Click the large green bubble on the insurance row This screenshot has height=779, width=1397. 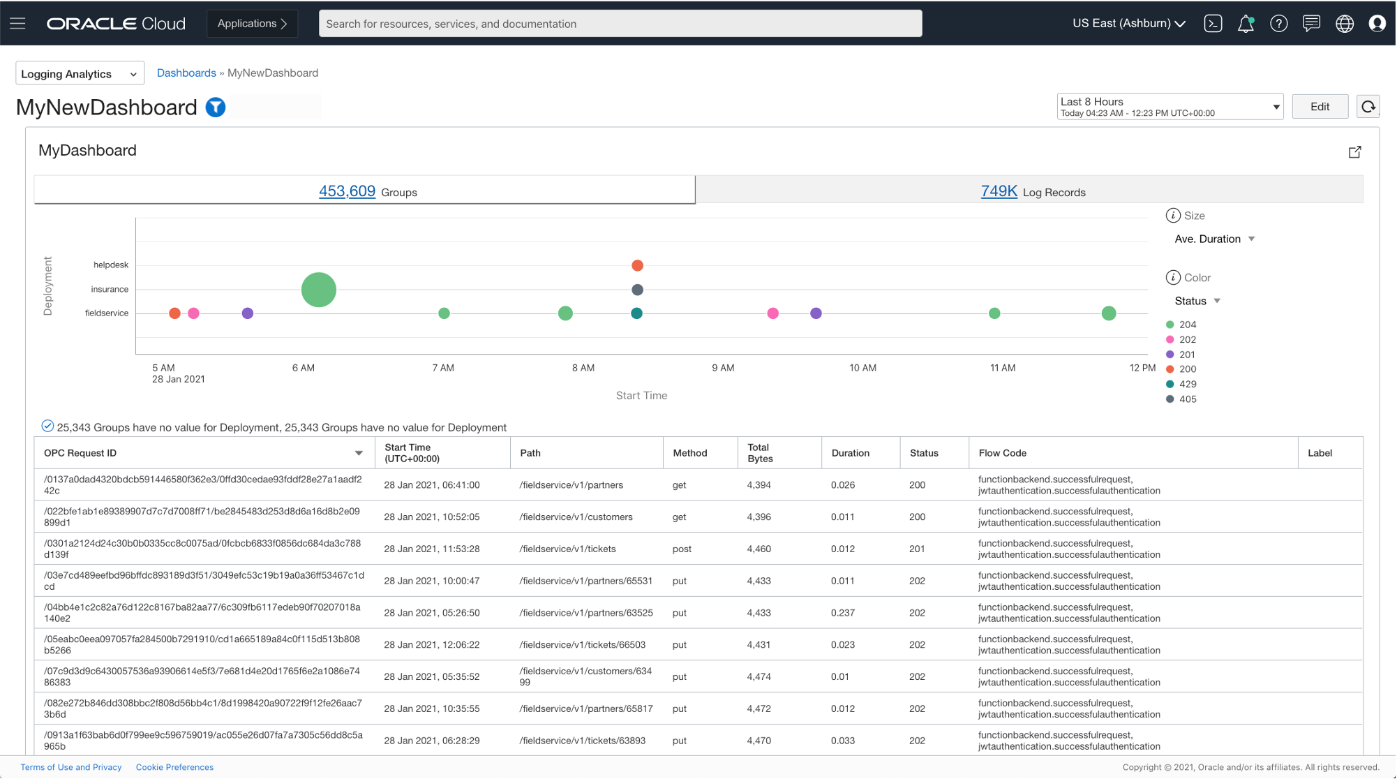[319, 290]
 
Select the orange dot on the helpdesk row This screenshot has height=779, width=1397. [637, 265]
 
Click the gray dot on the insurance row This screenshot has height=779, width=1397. [637, 290]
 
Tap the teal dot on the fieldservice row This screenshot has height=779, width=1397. [636, 313]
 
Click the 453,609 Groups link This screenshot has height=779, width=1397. [347, 191]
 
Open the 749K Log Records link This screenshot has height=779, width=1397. [999, 191]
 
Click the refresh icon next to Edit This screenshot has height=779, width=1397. [1368, 107]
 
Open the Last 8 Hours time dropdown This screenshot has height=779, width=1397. [1170, 107]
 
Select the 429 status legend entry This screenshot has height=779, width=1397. [1187, 384]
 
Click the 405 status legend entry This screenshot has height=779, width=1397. [1187, 399]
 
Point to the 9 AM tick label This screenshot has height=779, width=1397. [723, 368]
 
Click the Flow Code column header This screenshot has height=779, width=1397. [1002, 453]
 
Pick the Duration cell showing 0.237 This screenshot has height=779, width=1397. [843, 613]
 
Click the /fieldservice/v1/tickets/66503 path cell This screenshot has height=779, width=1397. [582, 645]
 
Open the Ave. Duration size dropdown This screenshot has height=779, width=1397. [1214, 239]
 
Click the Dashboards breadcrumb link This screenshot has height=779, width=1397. [186, 73]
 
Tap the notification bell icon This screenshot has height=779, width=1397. [1245, 24]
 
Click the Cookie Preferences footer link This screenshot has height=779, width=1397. [174, 767]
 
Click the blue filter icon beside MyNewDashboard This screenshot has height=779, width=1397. [216, 107]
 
